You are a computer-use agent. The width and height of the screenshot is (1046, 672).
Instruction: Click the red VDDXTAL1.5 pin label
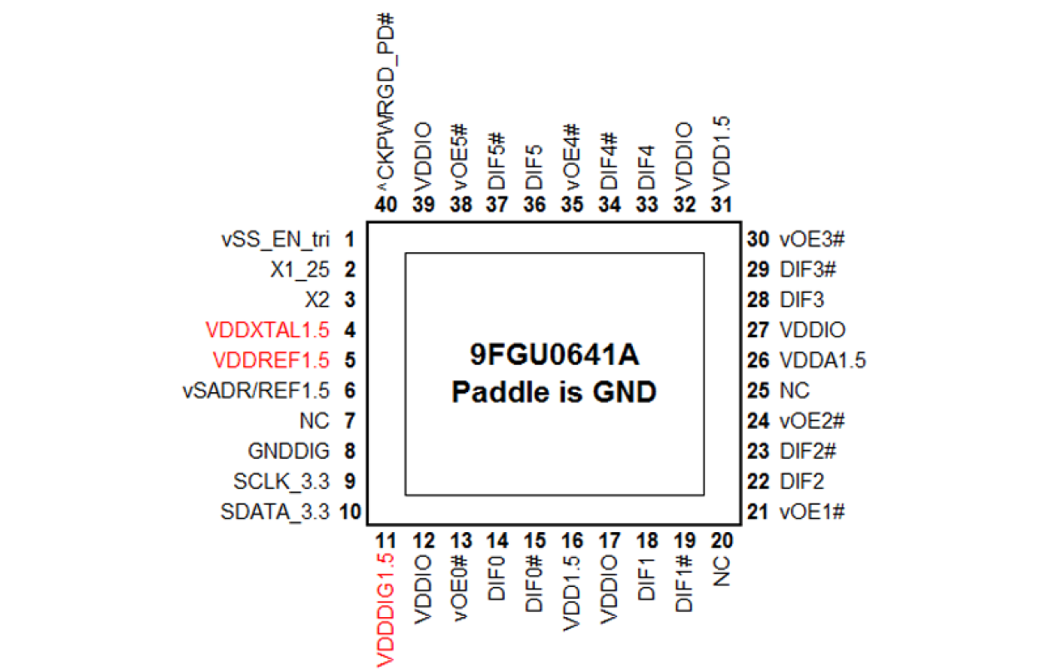[x=266, y=331]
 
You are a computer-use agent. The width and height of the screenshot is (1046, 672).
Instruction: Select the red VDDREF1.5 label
[x=271, y=361]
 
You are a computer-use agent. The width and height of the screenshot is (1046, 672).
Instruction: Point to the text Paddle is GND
[x=554, y=391]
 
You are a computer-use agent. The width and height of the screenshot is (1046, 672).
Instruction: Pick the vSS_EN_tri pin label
[x=276, y=241]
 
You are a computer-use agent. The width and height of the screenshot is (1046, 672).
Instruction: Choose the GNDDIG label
[x=289, y=451]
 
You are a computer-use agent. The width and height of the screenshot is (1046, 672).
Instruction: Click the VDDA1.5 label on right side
[x=823, y=361]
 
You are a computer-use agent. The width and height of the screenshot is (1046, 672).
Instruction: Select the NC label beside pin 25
[x=794, y=391]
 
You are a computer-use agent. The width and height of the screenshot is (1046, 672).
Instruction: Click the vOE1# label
[x=812, y=511]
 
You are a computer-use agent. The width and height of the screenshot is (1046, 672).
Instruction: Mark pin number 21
[x=758, y=511]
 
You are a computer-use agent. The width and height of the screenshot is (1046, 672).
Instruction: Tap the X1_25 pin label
[x=300, y=271]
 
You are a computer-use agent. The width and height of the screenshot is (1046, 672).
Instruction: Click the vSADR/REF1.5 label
[x=256, y=391]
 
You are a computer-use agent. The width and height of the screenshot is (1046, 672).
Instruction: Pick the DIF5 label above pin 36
[x=535, y=166]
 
